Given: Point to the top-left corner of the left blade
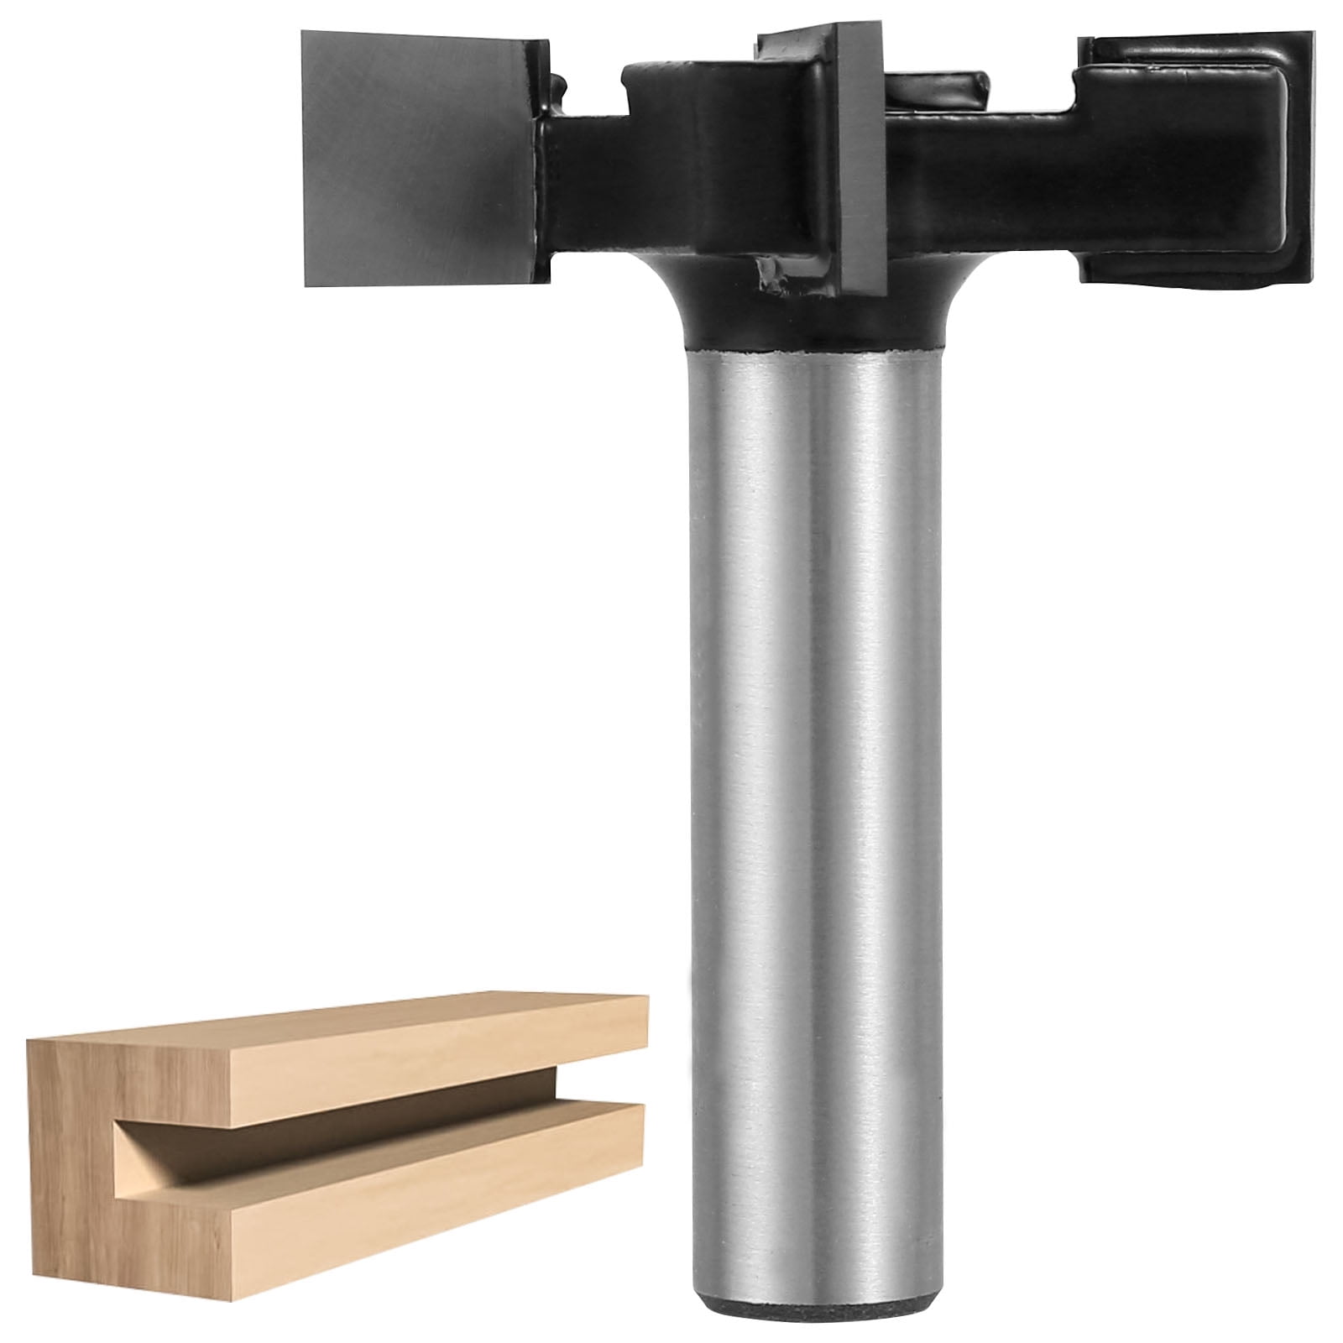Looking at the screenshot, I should [x=306, y=34].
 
